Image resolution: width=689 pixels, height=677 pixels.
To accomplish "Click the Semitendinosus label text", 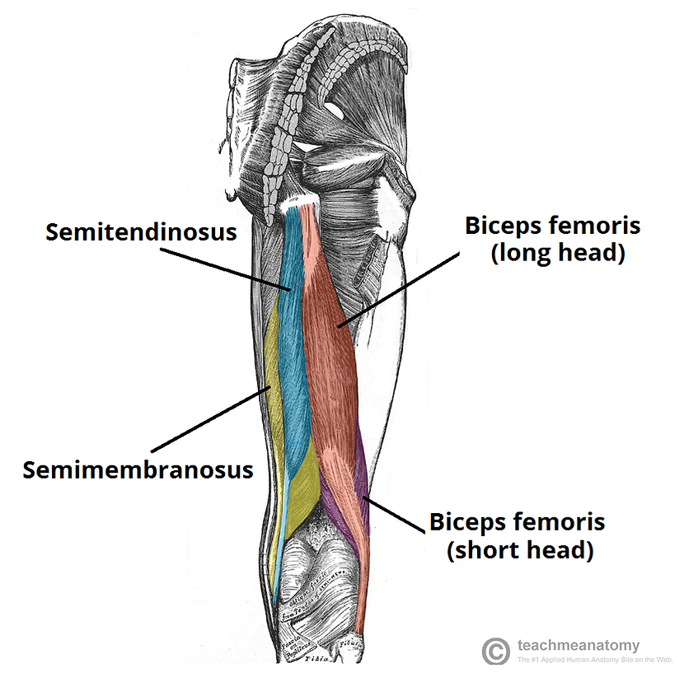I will pos(141,231).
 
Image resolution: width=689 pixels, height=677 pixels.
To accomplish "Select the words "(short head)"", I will pos(520,549).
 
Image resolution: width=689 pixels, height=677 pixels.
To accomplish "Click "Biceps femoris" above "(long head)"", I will pos(552,225).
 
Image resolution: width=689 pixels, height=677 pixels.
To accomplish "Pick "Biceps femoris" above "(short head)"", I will pos(518,521).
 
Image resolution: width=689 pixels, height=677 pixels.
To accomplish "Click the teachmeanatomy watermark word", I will pos(578,646).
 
